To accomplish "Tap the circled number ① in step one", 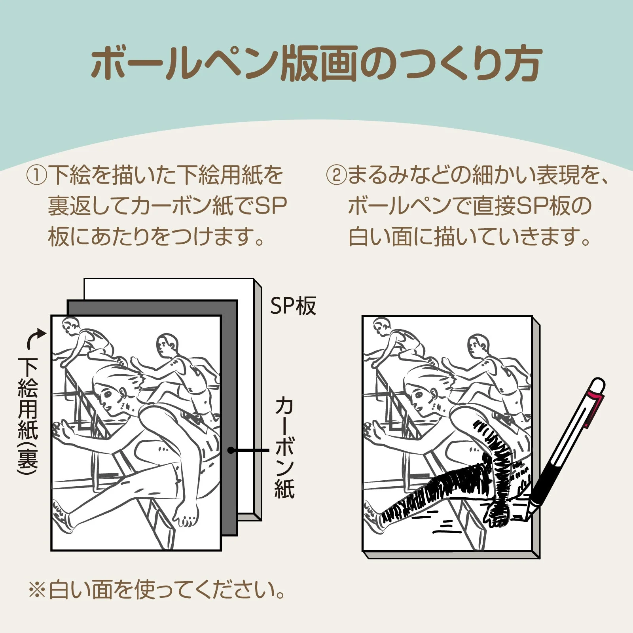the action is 37,175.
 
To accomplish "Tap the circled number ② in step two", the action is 336,175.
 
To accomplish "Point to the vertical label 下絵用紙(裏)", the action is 28,415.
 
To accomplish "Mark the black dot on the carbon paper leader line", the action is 231,450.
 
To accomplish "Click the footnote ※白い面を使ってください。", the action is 157,589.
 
